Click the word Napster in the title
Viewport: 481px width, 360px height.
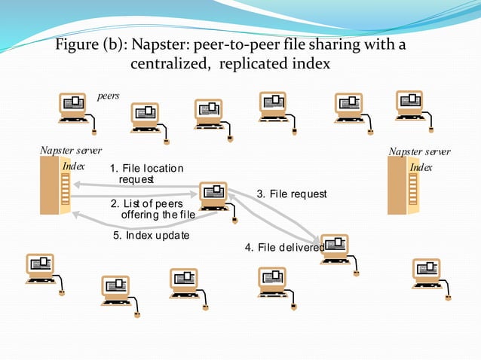(x=159, y=44)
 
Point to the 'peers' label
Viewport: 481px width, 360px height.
(x=109, y=96)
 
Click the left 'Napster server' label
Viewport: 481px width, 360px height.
(x=71, y=151)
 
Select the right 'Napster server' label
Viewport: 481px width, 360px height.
(x=419, y=151)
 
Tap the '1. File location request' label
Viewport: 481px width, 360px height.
(x=146, y=173)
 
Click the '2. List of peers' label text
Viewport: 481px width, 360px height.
(x=152, y=203)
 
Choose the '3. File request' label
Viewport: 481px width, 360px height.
(x=292, y=194)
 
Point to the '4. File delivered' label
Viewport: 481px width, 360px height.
(x=284, y=247)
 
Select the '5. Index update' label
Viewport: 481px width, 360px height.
(x=151, y=235)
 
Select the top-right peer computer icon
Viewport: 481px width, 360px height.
(x=410, y=104)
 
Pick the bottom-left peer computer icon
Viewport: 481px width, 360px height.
(x=41, y=268)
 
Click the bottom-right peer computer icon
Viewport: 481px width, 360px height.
(x=427, y=272)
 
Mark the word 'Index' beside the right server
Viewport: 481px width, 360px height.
(x=421, y=166)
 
